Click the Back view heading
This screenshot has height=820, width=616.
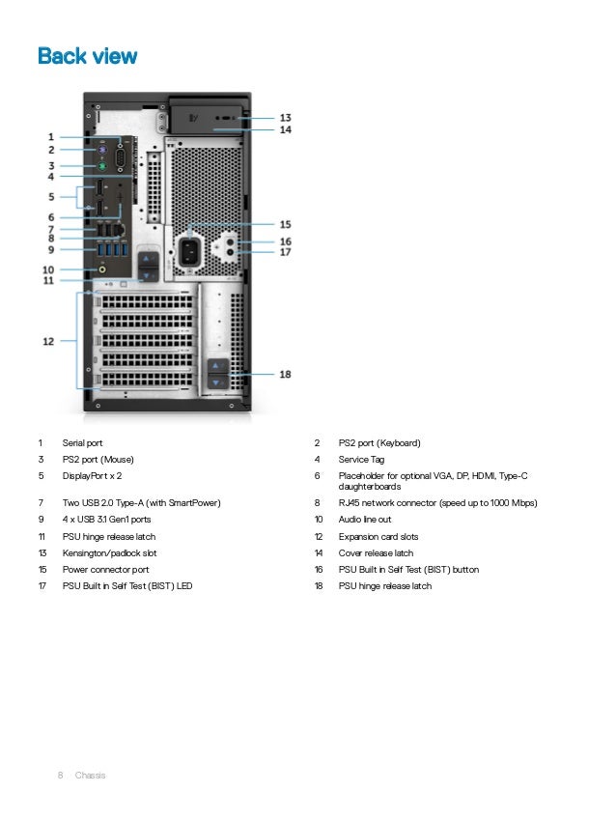coord(87,56)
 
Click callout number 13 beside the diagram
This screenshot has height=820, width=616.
coord(286,117)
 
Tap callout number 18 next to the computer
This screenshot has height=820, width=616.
coord(285,374)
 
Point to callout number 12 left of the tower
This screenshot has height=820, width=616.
coord(47,340)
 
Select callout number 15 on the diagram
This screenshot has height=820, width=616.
coord(285,224)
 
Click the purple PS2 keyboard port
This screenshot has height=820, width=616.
coord(99,150)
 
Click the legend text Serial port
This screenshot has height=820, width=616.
coord(82,443)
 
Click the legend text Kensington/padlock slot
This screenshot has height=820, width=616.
coord(109,553)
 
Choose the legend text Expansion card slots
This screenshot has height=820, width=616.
coord(378,537)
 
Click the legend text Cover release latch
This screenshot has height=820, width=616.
coord(376,553)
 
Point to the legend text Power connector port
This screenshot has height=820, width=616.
coord(105,570)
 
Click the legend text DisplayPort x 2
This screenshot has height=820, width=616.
coord(92,476)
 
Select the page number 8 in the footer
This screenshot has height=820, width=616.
coord(60,776)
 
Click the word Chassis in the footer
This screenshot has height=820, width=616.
coord(91,776)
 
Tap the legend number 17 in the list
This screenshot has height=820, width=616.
coord(42,586)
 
